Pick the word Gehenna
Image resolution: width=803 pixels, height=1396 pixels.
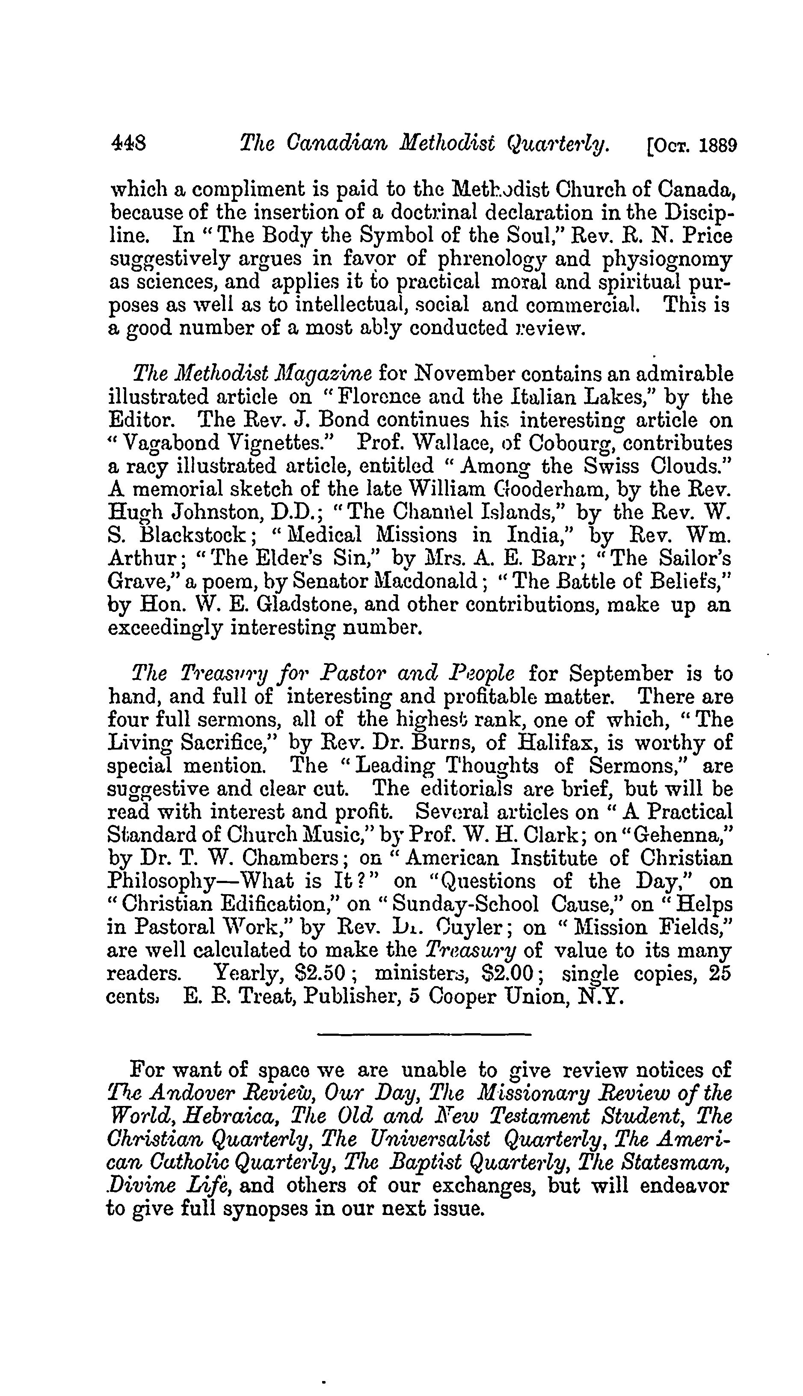click(x=676, y=835)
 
